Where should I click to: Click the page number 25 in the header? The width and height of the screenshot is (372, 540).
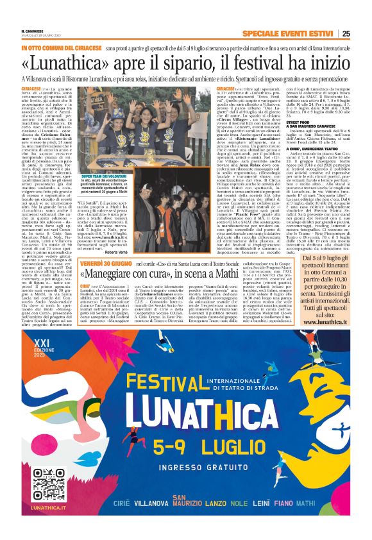click(x=346, y=34)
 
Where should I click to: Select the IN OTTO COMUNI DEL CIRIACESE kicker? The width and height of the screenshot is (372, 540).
click(x=61, y=48)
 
